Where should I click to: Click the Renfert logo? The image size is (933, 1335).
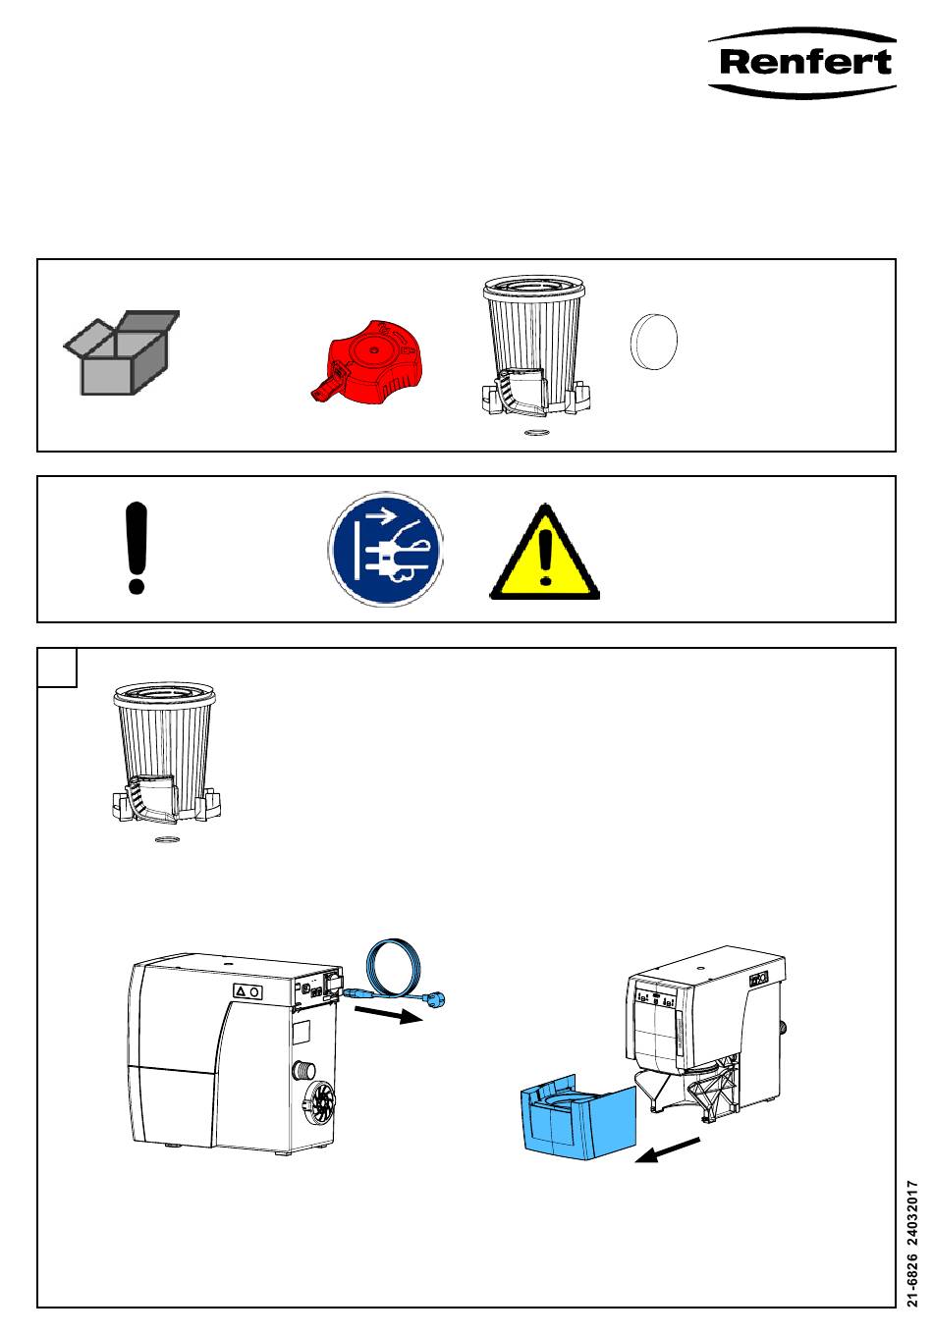(x=802, y=62)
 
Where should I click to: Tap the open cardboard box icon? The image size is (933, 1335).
(x=120, y=352)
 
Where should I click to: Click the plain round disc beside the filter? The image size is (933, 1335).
(x=653, y=342)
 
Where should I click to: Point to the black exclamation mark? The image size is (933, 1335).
(x=137, y=548)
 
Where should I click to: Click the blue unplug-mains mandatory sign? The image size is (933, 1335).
(x=386, y=551)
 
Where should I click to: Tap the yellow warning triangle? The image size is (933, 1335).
(x=545, y=555)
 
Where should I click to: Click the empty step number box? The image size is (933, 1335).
(x=57, y=667)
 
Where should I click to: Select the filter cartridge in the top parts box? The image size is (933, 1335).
(x=534, y=348)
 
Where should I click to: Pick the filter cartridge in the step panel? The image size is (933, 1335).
(x=165, y=754)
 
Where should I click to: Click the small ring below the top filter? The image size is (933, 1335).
(x=536, y=431)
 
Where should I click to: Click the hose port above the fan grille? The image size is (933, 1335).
(x=304, y=1069)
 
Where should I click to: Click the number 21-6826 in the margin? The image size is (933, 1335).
(x=913, y=1276)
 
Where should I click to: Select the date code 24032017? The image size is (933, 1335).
(x=913, y=1208)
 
